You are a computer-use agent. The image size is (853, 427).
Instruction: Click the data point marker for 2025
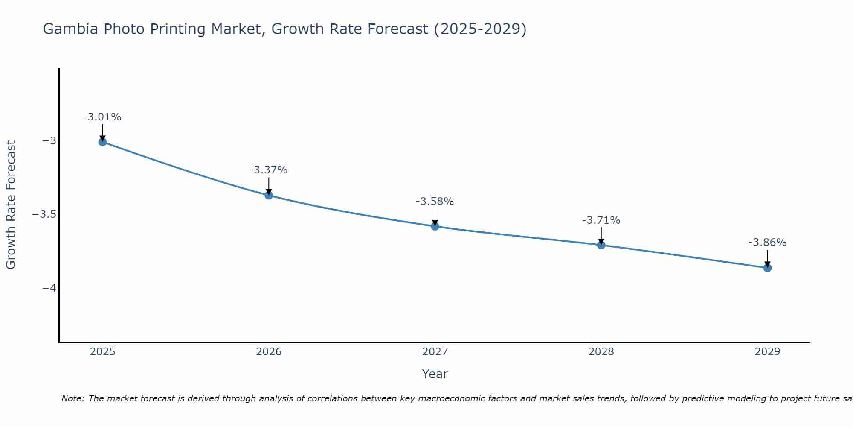pos(102,142)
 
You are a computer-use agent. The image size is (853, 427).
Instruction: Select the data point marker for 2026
pos(269,195)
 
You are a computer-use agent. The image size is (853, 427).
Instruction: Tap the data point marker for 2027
pos(435,226)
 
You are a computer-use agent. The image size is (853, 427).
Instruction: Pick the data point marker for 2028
pos(601,245)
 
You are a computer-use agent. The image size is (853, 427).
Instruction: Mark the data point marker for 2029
pos(767,268)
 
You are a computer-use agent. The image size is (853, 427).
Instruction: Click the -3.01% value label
pos(102,117)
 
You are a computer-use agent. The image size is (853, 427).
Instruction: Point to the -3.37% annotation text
pos(269,170)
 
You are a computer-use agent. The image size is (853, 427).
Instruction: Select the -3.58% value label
pos(435,202)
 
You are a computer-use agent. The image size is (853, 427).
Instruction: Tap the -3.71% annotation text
pos(601,220)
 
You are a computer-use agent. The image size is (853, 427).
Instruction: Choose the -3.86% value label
pos(767,243)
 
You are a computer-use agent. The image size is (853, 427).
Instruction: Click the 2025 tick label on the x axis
pos(103,352)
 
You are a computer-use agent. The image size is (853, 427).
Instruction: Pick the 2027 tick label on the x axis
pos(435,352)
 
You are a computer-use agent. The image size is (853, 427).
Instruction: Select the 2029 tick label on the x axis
pos(767,352)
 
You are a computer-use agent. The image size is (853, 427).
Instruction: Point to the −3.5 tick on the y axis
pos(44,214)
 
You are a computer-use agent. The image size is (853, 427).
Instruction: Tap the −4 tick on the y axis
pos(49,288)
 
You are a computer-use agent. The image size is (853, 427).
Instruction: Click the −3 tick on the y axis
pos(49,141)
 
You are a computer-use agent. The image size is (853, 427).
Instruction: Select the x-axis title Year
pos(435,374)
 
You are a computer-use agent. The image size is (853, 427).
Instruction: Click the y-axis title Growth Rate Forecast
pos(11,205)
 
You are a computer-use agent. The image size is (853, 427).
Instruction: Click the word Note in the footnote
pos(73,398)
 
